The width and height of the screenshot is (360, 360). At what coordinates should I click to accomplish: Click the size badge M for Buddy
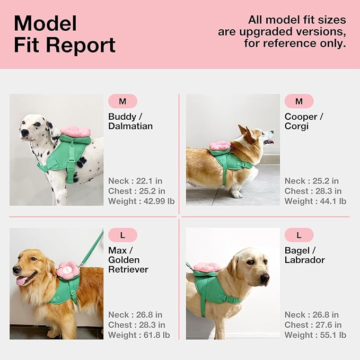click(x=122, y=101)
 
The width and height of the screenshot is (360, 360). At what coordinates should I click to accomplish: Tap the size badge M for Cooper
click(x=299, y=101)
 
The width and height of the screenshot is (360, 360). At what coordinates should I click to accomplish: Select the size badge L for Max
click(x=122, y=235)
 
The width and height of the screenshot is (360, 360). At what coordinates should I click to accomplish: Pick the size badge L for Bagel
click(x=299, y=235)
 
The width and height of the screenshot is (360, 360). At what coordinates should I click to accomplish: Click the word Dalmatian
click(x=130, y=126)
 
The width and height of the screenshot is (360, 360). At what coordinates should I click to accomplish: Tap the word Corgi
click(x=297, y=126)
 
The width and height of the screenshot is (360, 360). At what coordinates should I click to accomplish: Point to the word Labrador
click(x=304, y=260)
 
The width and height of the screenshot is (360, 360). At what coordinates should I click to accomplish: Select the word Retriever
click(x=128, y=269)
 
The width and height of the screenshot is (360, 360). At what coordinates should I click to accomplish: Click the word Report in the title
click(x=81, y=45)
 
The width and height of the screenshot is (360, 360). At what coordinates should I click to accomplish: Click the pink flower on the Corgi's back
click(x=219, y=145)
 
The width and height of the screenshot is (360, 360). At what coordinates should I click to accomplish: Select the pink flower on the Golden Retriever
click(x=68, y=270)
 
